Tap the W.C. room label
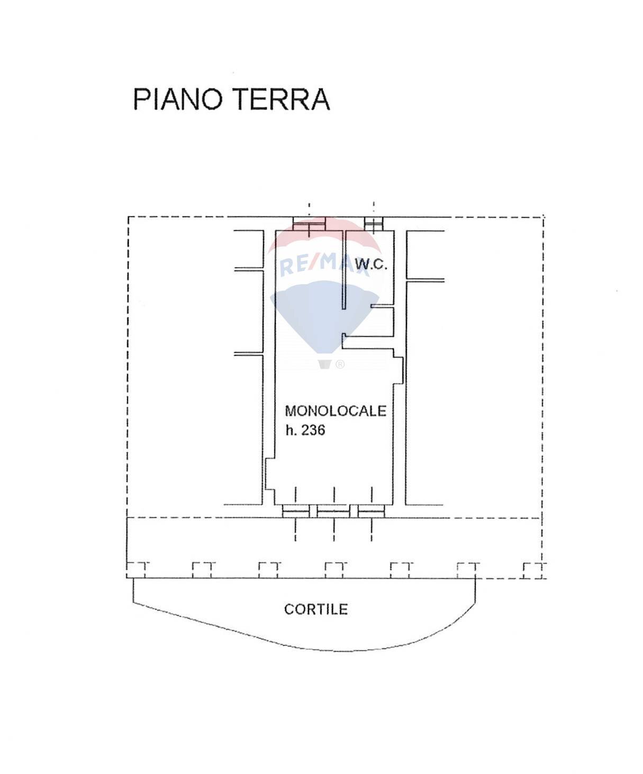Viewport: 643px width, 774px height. [370, 264]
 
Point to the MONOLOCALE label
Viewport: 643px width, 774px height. [336, 411]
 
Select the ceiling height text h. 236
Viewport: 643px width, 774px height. [305, 430]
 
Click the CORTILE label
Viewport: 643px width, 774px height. [316, 609]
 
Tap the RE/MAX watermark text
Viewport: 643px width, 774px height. [324, 264]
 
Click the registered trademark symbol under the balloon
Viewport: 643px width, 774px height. [340, 364]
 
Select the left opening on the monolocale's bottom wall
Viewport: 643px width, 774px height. [295, 511]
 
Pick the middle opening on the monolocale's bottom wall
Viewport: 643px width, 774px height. [333, 511]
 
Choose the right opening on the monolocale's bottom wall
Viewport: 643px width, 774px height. [371, 511]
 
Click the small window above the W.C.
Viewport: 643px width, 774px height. [374, 224]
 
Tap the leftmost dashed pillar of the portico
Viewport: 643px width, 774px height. [137, 569]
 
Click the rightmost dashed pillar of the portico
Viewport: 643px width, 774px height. [533, 570]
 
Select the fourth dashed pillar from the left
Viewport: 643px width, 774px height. [335, 569]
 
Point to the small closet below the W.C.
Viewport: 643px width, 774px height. [382, 321]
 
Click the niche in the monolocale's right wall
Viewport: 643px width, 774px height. [400, 369]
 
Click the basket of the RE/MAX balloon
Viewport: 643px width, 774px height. [325, 364]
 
